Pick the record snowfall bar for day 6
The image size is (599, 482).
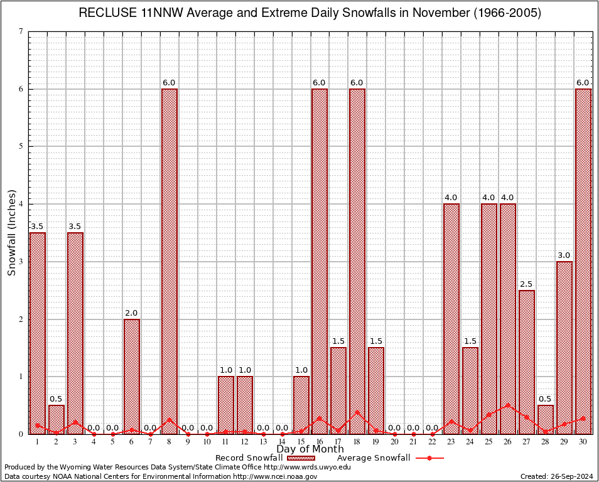(132, 376)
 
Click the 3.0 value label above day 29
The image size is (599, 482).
(564, 255)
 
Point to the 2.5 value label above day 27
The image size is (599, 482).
(526, 284)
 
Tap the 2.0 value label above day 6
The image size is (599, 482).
(131, 313)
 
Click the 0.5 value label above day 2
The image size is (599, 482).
(56, 399)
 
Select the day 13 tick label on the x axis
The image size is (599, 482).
(263, 442)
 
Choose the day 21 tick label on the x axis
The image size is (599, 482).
(413, 442)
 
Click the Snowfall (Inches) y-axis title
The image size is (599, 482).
(11, 232)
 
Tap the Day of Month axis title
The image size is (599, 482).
(310, 449)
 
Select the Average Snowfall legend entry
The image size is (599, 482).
(374, 458)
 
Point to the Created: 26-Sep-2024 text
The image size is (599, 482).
(556, 476)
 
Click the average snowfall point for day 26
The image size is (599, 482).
(507, 405)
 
